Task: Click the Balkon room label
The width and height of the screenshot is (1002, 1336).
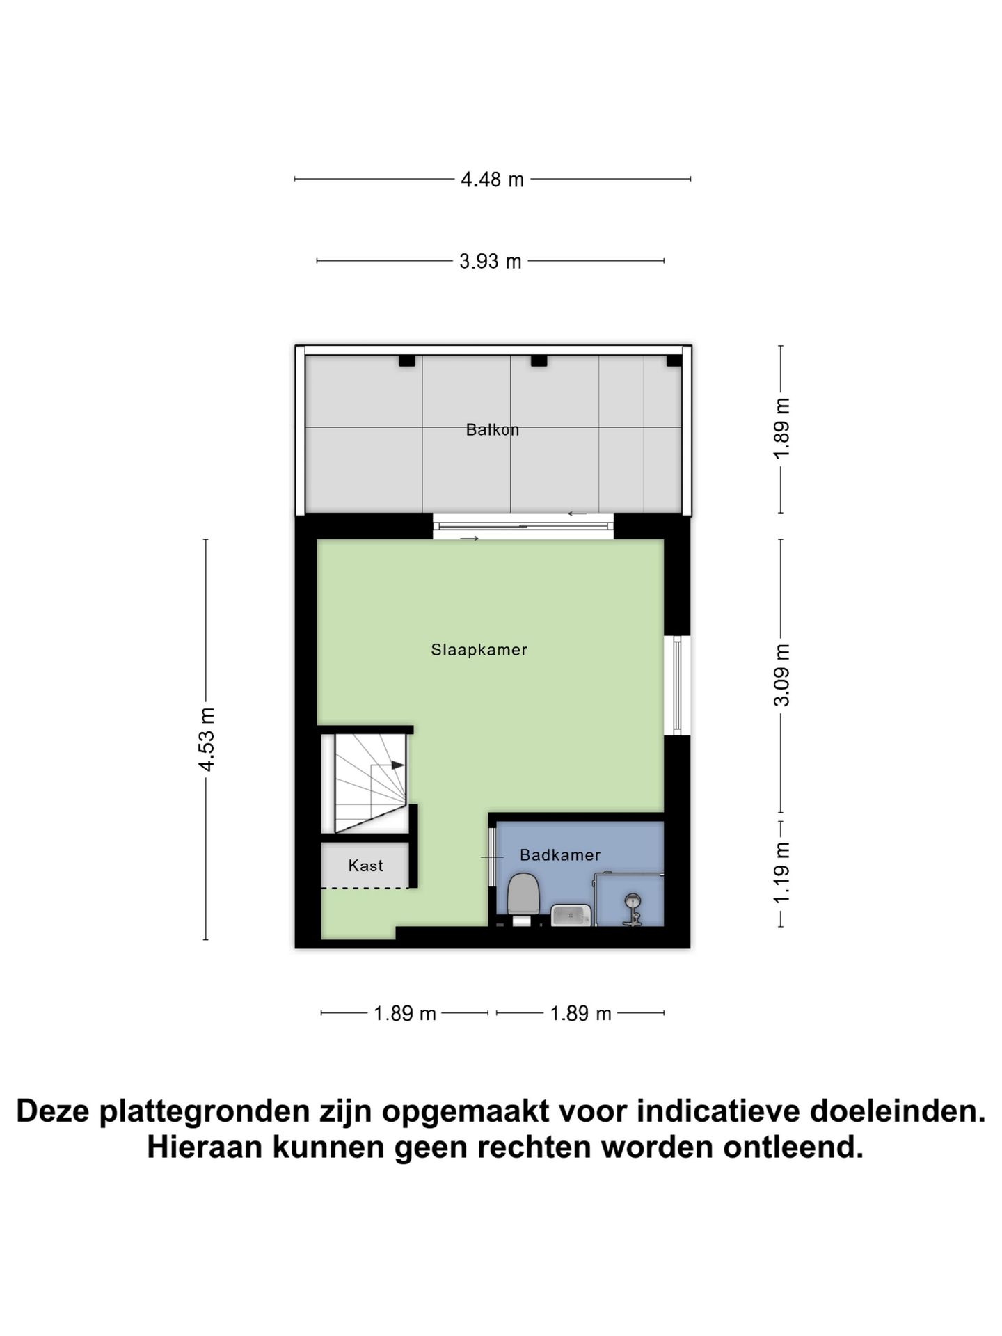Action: pos(493,430)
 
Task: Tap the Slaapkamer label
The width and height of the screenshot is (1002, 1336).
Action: pos(479,650)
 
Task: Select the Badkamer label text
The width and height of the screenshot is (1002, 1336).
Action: pos(560,855)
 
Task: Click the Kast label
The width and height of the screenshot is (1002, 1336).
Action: pos(366,866)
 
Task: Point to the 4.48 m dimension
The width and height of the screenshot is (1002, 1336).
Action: pos(492,180)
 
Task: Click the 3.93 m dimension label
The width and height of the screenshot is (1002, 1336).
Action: pos(491,262)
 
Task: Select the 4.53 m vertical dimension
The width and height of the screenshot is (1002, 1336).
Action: pos(207,739)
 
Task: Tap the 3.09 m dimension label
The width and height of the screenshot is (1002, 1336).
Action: pos(782,675)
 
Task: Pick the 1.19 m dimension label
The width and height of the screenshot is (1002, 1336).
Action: pos(782,873)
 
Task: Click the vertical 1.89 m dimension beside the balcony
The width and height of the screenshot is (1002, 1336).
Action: pos(782,428)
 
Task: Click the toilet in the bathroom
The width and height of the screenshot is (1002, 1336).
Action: pos(524,898)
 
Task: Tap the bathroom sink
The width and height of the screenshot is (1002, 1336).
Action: pos(571,915)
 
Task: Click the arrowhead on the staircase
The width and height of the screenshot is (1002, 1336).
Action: pos(397,765)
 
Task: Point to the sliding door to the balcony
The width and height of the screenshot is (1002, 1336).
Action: pos(523,527)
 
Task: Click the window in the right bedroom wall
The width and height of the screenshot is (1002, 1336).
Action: pos(677,685)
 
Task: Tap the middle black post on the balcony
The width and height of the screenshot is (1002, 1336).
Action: pos(539,361)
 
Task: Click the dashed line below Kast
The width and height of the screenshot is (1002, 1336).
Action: pos(365,888)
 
